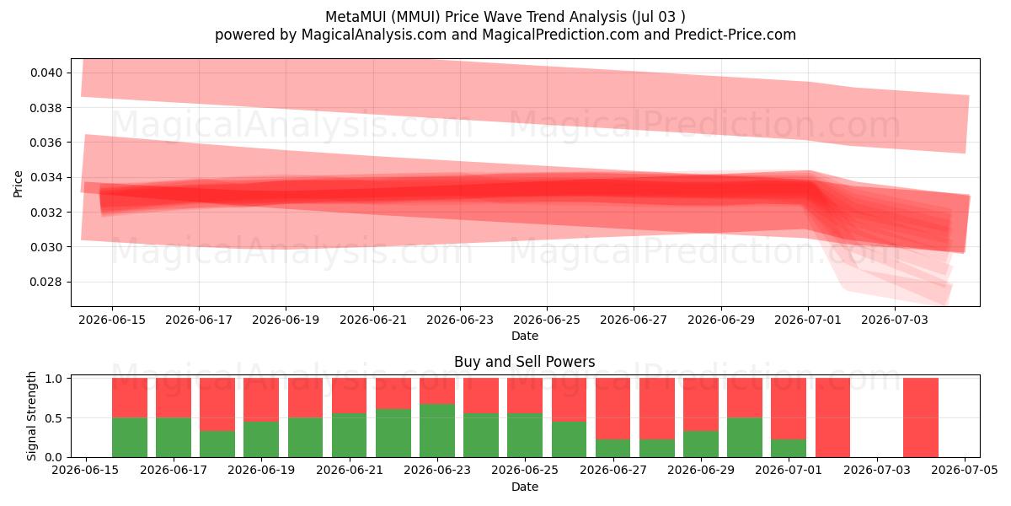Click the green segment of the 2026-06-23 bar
437,431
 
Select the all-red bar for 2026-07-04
921,417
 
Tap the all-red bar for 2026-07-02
832,417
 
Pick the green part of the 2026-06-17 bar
174,438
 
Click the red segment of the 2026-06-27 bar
613,409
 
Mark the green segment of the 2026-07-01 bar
789,448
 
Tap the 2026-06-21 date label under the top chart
373,320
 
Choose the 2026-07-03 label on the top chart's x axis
895,320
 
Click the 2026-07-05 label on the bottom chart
965,470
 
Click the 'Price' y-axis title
18,184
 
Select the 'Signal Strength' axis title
31,416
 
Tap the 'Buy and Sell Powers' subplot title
524,362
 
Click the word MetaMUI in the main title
356,17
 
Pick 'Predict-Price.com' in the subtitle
736,35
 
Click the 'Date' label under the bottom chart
524,487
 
